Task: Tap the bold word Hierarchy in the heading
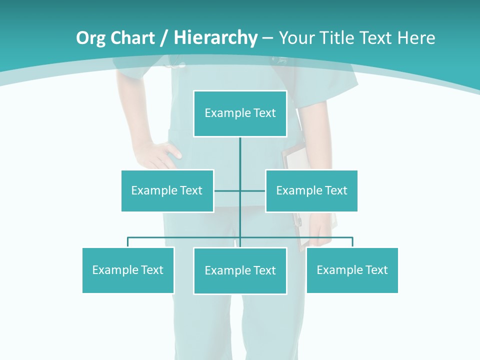pyautogui.click(x=215, y=38)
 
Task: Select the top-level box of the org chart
pyautogui.click(x=240, y=113)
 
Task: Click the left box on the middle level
pyautogui.click(x=167, y=190)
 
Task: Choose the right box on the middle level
pyautogui.click(x=311, y=190)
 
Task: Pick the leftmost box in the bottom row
pyautogui.click(x=128, y=270)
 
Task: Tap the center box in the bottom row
pyautogui.click(x=240, y=270)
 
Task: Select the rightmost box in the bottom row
pyautogui.click(x=352, y=270)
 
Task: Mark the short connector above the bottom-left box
pyautogui.click(x=128, y=242)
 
